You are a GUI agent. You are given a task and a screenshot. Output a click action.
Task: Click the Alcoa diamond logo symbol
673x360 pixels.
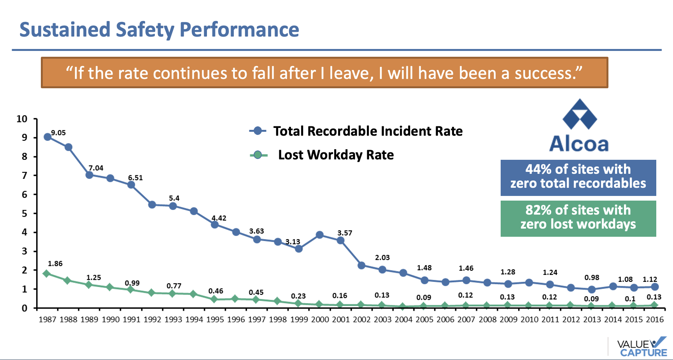(x=580, y=114)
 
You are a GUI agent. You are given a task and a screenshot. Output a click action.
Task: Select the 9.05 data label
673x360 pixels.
(x=58, y=133)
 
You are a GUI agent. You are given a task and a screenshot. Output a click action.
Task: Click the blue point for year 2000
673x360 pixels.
(x=320, y=235)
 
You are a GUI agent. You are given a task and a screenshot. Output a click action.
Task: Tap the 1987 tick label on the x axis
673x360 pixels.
(x=47, y=320)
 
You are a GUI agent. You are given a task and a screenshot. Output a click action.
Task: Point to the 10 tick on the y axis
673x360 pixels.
(x=22, y=119)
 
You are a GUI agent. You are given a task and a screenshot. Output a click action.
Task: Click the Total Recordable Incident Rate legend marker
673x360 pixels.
(x=258, y=131)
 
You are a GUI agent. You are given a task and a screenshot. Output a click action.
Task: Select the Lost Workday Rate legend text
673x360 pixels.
(x=336, y=155)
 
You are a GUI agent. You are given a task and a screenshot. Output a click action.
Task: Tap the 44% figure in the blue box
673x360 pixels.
(x=538, y=169)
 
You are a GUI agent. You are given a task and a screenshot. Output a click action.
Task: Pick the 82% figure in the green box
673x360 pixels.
(x=538, y=210)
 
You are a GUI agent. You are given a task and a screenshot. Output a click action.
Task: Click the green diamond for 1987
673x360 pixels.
(x=47, y=273)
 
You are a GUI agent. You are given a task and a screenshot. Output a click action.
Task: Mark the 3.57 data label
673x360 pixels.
(x=345, y=233)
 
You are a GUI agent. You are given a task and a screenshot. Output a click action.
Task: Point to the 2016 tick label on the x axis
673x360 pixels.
(x=655, y=320)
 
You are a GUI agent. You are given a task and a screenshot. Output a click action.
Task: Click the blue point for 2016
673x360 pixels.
(x=655, y=287)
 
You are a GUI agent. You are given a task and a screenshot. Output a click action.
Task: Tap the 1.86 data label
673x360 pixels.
(x=55, y=264)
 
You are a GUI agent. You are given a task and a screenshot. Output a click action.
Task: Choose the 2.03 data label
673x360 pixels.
(x=382, y=257)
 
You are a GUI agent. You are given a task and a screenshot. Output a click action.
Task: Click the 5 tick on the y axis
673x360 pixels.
(x=25, y=213)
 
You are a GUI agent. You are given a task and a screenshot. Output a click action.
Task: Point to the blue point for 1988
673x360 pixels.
(x=68, y=147)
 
